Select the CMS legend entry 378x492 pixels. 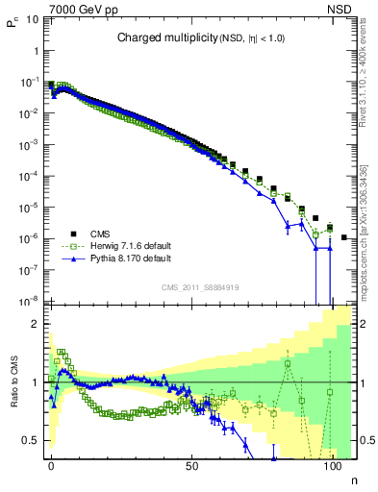tap(101, 234)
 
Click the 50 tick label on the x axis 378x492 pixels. tap(192, 465)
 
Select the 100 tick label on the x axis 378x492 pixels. tap(333, 465)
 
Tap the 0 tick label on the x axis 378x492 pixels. tap(51, 465)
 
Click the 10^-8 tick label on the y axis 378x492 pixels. tap(30, 301)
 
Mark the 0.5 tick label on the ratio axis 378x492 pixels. tap(31, 440)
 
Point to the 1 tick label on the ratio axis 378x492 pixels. tap(36, 382)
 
